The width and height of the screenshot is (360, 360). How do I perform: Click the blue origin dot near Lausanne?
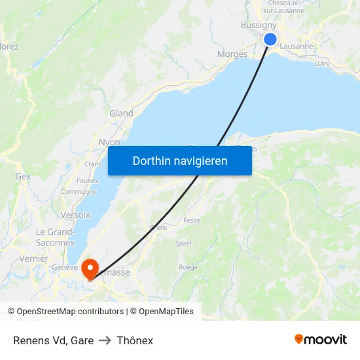(270, 39)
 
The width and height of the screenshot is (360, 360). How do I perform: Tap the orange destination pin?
(90, 267)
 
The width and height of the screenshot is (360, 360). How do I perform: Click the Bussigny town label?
(259, 25)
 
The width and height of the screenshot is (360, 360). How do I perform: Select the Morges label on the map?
(232, 54)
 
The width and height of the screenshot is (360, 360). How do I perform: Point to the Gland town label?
(121, 113)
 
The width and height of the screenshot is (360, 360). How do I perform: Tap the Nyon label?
(109, 142)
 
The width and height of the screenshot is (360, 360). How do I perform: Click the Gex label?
(23, 176)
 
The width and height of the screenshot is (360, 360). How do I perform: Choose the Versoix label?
(75, 215)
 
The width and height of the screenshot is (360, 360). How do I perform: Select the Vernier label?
(34, 259)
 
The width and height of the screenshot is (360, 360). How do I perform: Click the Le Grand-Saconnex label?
(55, 237)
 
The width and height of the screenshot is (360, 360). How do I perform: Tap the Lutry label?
(322, 63)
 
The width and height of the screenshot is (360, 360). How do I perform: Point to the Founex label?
(87, 181)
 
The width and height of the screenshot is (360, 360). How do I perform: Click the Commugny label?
(78, 192)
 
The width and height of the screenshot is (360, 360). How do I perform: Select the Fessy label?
(192, 221)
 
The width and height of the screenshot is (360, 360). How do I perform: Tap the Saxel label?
(183, 243)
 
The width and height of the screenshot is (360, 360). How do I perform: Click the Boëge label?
(188, 267)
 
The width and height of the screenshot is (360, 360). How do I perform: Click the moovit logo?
(320, 339)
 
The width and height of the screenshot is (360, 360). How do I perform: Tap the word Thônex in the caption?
(135, 340)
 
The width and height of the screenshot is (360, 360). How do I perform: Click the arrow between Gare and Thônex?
(105, 340)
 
